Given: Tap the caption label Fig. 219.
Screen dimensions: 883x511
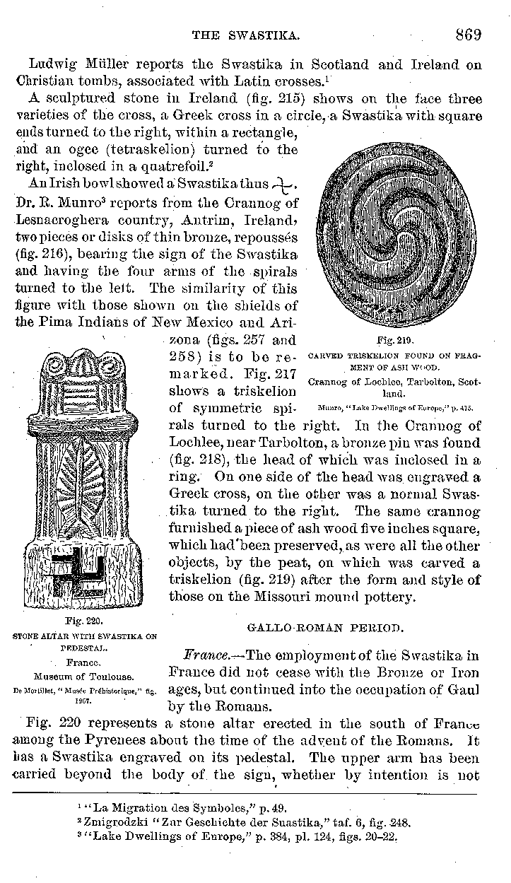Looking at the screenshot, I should pos(395,340).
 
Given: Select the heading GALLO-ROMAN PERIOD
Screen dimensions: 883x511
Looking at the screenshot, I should pos(325,626).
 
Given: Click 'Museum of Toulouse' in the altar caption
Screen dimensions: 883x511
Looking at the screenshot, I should pos(84,674).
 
